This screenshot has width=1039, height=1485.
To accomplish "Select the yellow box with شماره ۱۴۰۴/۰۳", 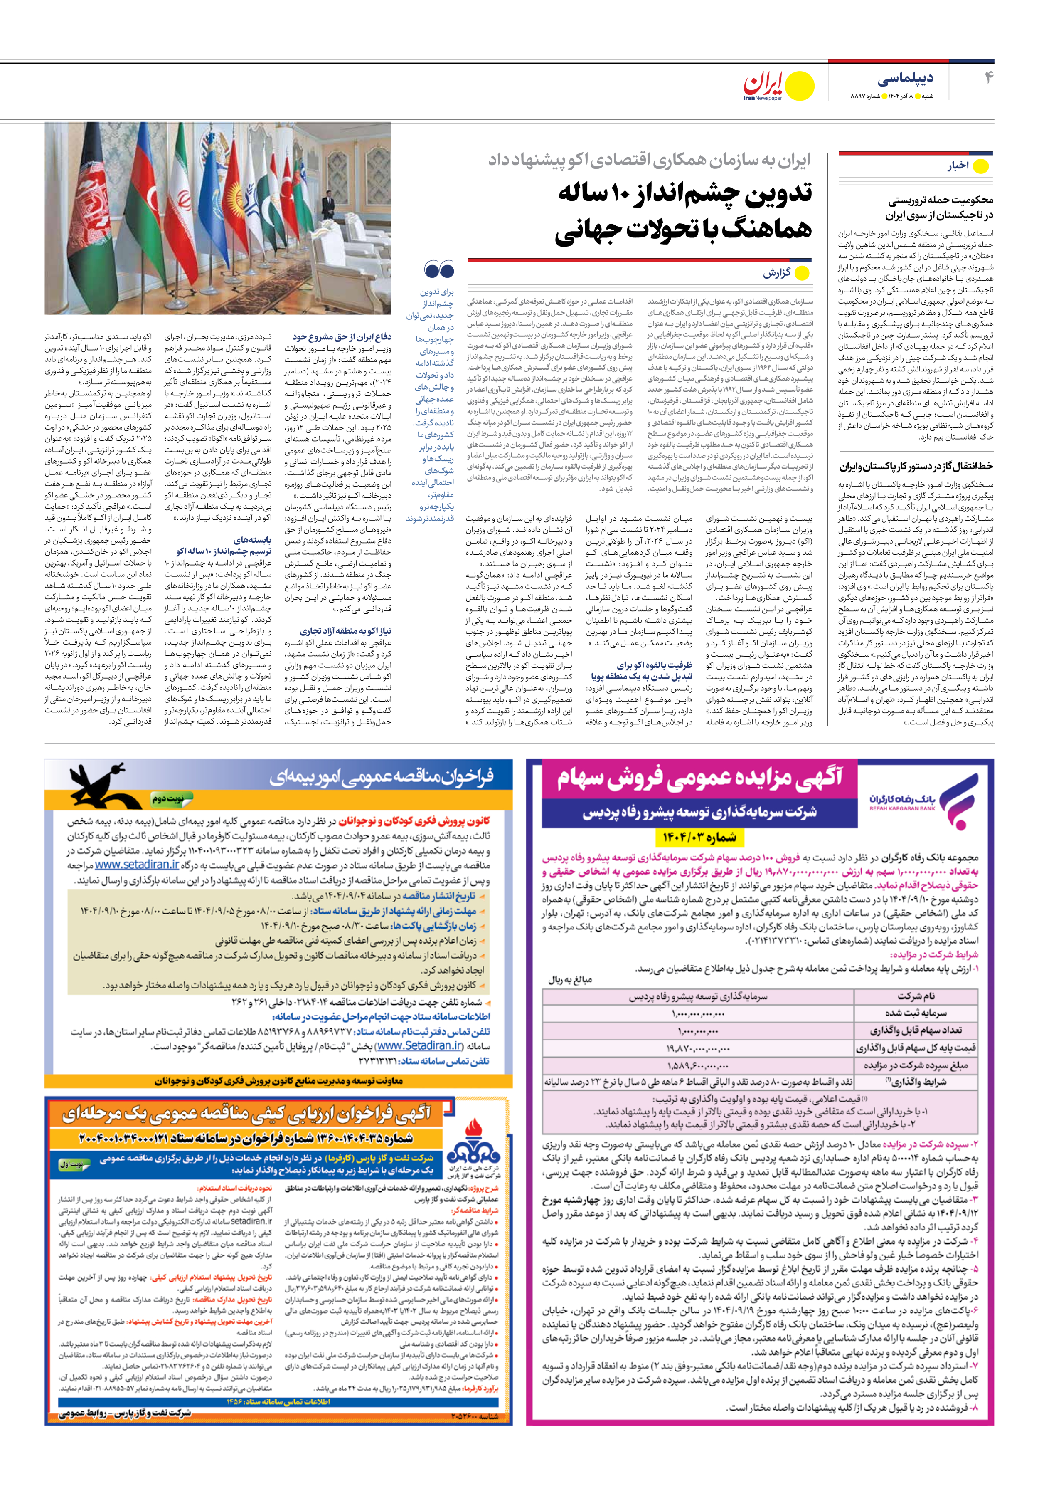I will [699, 838].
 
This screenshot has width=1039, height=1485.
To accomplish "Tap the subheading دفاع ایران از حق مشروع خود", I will [341, 337].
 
